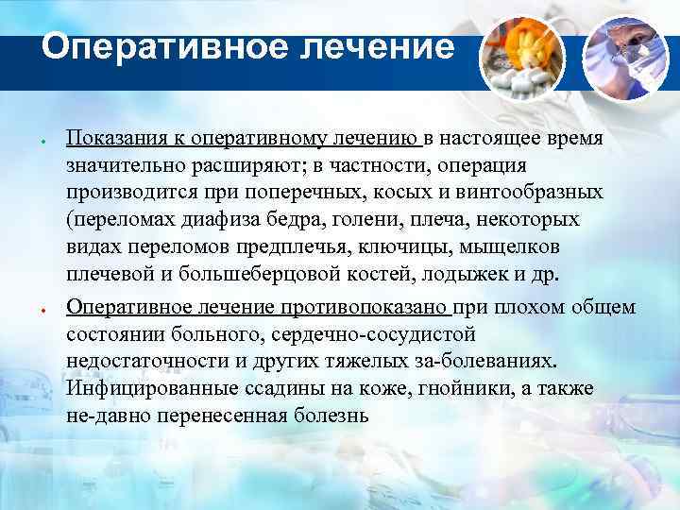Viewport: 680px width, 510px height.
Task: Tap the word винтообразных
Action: pos(538,195)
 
